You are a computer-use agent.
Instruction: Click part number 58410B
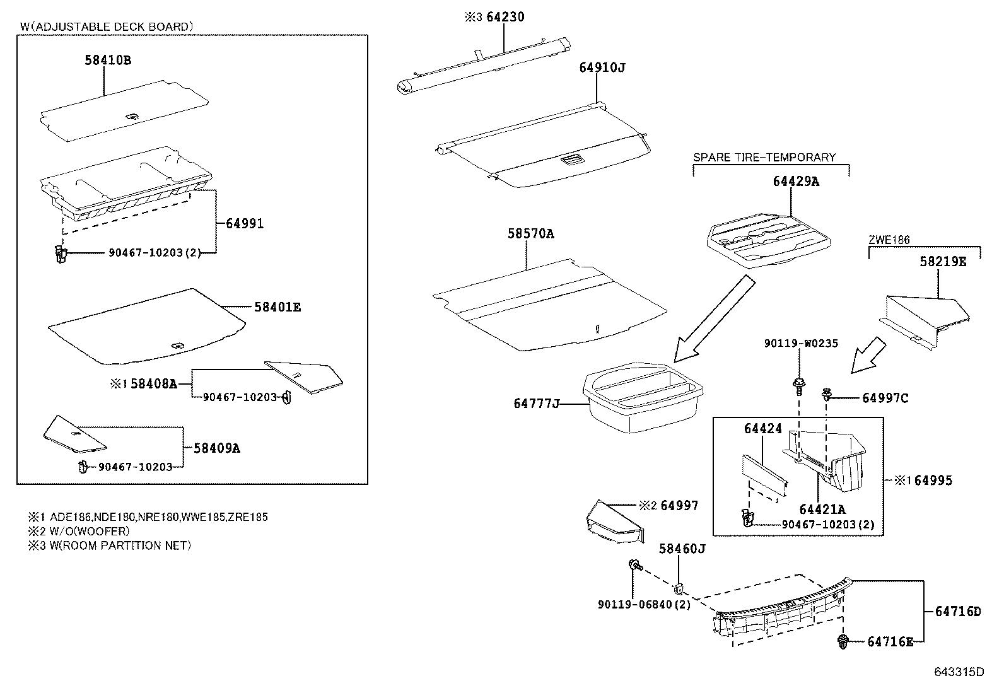108,61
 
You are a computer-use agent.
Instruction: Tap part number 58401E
277,308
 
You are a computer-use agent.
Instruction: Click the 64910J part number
602,67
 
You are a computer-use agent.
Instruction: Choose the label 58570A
531,234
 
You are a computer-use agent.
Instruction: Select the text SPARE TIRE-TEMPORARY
764,158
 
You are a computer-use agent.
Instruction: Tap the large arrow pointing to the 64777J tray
713,318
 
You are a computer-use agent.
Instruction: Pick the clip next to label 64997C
826,395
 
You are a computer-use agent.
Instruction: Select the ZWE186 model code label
889,240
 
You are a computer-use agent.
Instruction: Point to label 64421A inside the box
822,510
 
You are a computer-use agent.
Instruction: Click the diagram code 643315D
958,672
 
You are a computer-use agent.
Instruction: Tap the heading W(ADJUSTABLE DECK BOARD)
106,26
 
